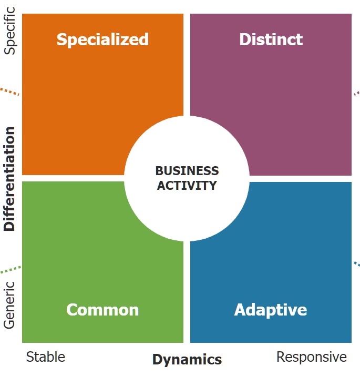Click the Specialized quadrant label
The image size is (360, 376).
pyautogui.click(x=102, y=40)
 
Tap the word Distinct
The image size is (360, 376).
pyautogui.click(x=271, y=39)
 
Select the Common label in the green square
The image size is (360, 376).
pyautogui.click(x=102, y=310)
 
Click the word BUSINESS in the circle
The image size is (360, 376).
pyautogui.click(x=187, y=171)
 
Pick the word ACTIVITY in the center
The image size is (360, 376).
pyautogui.click(x=187, y=186)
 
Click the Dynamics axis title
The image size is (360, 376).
pyautogui.click(x=187, y=360)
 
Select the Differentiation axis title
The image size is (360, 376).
pyautogui.click(x=9, y=179)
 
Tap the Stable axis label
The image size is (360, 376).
pyautogui.click(x=46, y=357)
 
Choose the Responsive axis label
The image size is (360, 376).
pyautogui.click(x=312, y=357)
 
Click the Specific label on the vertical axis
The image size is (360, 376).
pyautogui.click(x=9, y=31)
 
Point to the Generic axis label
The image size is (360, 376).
pyautogui.click(x=9, y=305)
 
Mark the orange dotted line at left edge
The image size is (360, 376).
pyautogui.click(x=9, y=92)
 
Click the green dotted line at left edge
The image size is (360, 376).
pyautogui.click(x=11, y=270)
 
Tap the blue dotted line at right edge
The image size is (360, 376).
pyautogui.click(x=357, y=264)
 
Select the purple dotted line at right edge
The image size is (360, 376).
pyautogui.click(x=357, y=93)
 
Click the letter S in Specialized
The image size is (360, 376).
pyautogui.click(x=61, y=39)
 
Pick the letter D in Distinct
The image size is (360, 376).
pyautogui.click(x=245, y=39)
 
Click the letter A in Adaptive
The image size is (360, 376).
pyautogui.click(x=240, y=310)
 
